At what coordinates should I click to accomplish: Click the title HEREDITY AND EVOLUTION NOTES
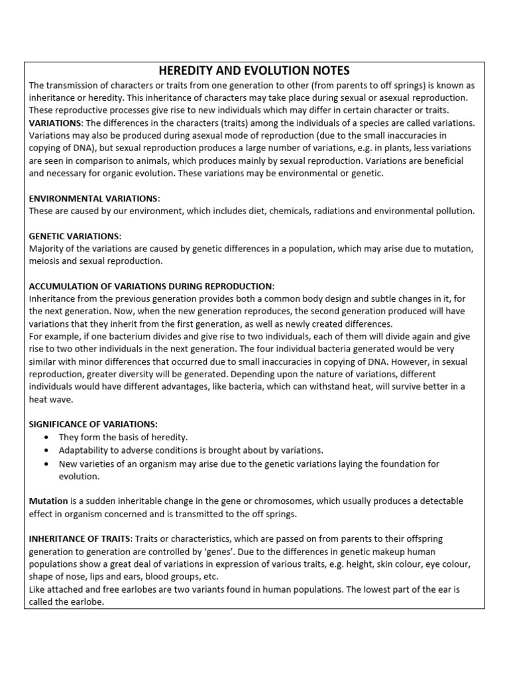click(x=254, y=71)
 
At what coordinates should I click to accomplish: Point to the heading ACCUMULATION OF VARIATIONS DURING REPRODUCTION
click(x=151, y=286)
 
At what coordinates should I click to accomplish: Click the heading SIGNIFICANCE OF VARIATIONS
click(x=93, y=424)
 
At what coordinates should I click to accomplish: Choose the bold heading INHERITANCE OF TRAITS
click(x=79, y=539)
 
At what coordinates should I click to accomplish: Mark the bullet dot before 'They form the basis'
click(x=45, y=438)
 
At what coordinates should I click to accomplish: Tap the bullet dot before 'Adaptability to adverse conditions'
click(x=45, y=450)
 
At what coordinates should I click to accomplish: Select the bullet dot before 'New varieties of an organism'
click(x=45, y=463)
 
